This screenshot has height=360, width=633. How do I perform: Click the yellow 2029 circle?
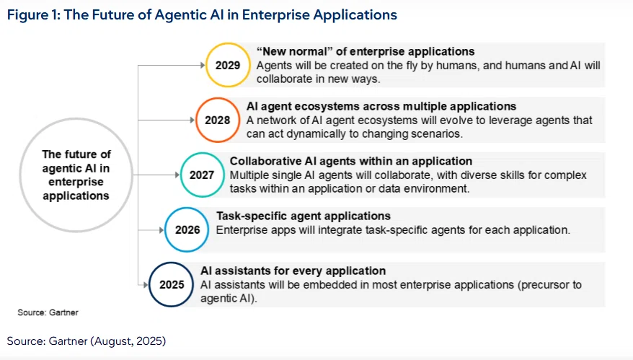pyautogui.click(x=228, y=44)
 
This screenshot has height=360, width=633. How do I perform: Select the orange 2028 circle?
pyautogui.click(x=218, y=99)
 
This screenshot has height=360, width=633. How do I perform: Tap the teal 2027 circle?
pyautogui.click(x=202, y=154)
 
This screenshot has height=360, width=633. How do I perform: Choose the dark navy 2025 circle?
pyautogui.click(x=172, y=264)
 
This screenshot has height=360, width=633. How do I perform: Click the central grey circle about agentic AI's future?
pyautogui.click(x=76, y=119)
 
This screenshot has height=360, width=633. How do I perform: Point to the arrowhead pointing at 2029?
pyautogui.click(x=203, y=65)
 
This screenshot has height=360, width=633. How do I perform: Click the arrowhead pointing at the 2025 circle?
pyautogui.click(x=146, y=285)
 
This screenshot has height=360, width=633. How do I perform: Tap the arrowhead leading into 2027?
pyautogui.click(x=177, y=175)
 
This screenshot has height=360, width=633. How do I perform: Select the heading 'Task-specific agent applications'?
pyautogui.click(x=304, y=216)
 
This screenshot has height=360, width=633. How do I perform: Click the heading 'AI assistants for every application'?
pyautogui.click(x=293, y=271)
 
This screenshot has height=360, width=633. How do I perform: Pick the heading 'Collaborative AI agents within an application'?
pyautogui.click(x=351, y=161)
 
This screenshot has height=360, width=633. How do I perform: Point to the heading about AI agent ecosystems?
pyautogui.click(x=381, y=106)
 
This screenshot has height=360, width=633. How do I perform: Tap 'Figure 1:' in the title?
pyautogui.click(x=33, y=15)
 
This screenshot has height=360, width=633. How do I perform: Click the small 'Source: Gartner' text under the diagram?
pyautogui.click(x=48, y=312)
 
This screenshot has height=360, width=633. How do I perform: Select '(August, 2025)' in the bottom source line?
pyautogui.click(x=128, y=341)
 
